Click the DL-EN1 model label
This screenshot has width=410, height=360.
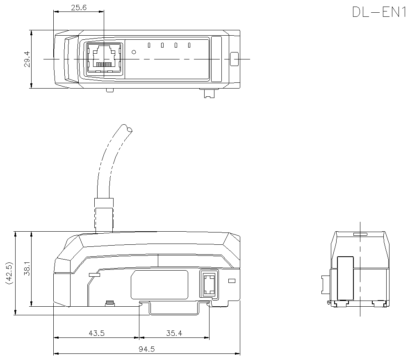tap(378, 12)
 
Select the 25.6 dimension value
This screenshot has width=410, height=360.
tap(78, 7)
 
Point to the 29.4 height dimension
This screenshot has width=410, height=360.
tap(27, 59)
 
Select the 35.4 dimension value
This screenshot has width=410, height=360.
tap(174, 333)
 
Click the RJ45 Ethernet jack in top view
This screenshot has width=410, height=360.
tap(104, 58)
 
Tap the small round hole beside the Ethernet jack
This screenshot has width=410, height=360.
tap(133, 52)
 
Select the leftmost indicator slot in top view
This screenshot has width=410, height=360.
tap(149, 45)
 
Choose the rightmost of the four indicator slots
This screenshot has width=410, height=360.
tap(189, 45)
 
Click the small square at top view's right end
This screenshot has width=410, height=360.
tap(234, 59)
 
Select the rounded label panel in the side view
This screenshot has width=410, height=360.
tap(159, 285)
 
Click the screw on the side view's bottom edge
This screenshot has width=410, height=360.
tap(109, 303)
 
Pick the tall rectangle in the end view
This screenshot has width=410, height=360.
tap(345, 278)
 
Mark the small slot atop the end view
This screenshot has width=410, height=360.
tap(360, 235)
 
